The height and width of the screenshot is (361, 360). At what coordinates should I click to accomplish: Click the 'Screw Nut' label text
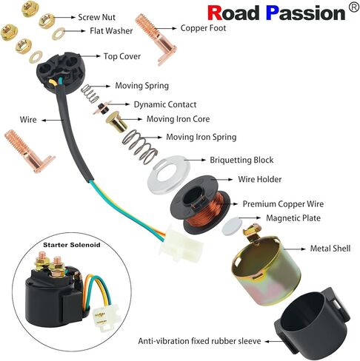click(x=96, y=17)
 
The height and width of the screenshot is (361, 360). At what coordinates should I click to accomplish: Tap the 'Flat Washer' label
click(x=111, y=31)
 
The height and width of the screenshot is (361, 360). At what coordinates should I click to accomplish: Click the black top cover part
click(x=59, y=72)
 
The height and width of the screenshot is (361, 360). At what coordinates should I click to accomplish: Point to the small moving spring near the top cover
click(x=90, y=93)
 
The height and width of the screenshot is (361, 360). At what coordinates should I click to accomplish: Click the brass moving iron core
click(x=117, y=121)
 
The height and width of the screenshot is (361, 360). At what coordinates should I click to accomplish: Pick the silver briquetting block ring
click(x=169, y=175)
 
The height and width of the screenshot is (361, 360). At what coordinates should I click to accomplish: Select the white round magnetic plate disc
click(x=232, y=226)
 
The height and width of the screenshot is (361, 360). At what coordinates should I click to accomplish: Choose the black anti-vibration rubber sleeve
click(x=312, y=323)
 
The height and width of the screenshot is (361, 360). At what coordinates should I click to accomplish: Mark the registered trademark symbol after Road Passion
click(x=353, y=7)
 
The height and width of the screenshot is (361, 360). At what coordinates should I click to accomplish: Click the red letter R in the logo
click(x=216, y=13)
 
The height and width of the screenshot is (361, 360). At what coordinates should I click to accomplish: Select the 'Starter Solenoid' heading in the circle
click(x=72, y=245)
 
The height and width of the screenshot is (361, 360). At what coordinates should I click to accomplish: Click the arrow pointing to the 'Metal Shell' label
click(x=295, y=249)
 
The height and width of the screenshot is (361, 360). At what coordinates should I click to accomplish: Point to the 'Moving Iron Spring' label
click(x=201, y=137)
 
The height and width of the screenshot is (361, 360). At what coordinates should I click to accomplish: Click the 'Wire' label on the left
click(x=28, y=120)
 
